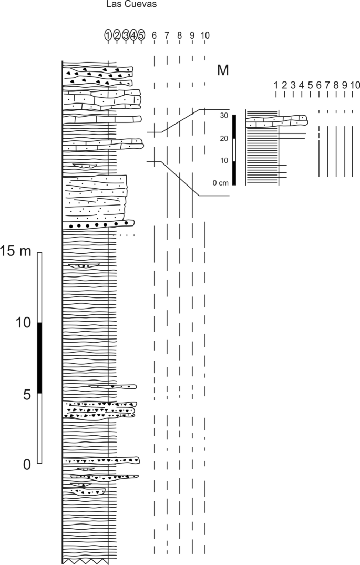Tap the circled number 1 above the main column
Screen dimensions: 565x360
pyautogui.click(x=108, y=36)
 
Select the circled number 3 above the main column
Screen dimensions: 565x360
pyautogui.click(x=126, y=36)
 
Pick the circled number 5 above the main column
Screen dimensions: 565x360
pyautogui.click(x=141, y=36)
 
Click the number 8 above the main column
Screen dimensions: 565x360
pyautogui.click(x=179, y=36)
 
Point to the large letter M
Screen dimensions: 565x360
pyautogui.click(x=223, y=70)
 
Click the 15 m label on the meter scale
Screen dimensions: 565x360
pyautogui.click(x=16, y=252)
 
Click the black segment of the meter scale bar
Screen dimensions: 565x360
pyautogui.click(x=39, y=357)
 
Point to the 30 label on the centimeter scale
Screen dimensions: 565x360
pyautogui.click(x=224, y=116)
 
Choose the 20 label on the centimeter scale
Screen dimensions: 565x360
pyautogui.click(x=224, y=139)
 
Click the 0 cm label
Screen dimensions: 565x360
pyautogui.click(x=221, y=183)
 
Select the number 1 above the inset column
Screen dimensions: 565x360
pyautogui.click(x=275, y=85)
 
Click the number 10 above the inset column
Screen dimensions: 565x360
pyautogui.click(x=355, y=85)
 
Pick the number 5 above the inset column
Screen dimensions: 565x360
pyautogui.click(x=310, y=85)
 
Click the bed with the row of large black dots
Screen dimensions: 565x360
pyautogui.click(x=98, y=224)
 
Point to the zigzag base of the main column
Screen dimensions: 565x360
pyautogui.click(x=85, y=561)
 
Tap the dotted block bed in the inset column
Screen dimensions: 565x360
pyautogui.click(x=276, y=121)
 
